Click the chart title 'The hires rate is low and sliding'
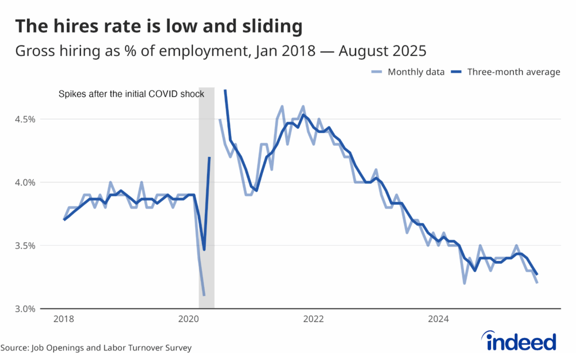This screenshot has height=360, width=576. click(x=159, y=26)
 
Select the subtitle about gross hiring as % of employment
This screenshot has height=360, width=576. click(x=220, y=51)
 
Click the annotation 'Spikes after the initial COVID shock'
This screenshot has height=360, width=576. click(x=132, y=94)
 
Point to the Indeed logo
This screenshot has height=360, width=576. click(x=519, y=341)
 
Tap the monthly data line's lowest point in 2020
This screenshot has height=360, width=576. click(x=204, y=295)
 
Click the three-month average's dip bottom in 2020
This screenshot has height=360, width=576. click(x=204, y=249)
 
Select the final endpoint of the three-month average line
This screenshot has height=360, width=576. click(x=537, y=274)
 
